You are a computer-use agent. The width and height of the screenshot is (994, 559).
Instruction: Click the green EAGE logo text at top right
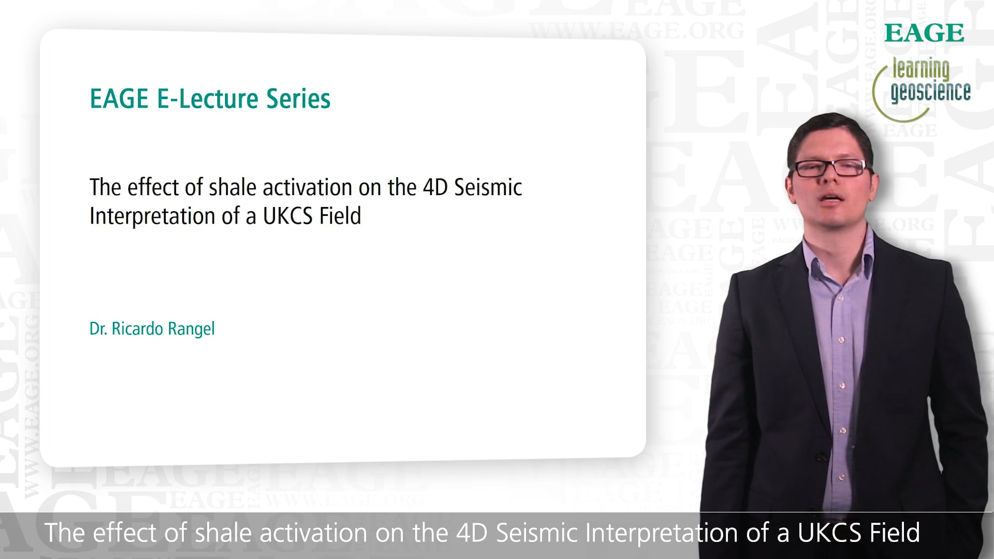pyautogui.click(x=924, y=33)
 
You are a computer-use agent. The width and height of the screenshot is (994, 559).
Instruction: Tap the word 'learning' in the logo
pyautogui.click(x=921, y=69)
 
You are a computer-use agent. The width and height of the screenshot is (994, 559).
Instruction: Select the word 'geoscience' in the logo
pyautogui.click(x=930, y=92)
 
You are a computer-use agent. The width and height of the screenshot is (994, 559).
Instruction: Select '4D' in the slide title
pyautogui.click(x=435, y=187)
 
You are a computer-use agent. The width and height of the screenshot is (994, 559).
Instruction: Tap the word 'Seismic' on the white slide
pyautogui.click(x=488, y=187)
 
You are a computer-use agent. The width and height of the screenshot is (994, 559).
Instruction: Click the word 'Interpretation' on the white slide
pyautogui.click(x=152, y=216)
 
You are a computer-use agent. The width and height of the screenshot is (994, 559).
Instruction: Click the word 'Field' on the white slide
pyautogui.click(x=340, y=216)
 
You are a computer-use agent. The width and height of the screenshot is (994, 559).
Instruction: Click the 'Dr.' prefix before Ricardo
pyautogui.click(x=98, y=329)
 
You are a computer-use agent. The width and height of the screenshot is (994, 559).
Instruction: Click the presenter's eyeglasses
pyautogui.click(x=830, y=167)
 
